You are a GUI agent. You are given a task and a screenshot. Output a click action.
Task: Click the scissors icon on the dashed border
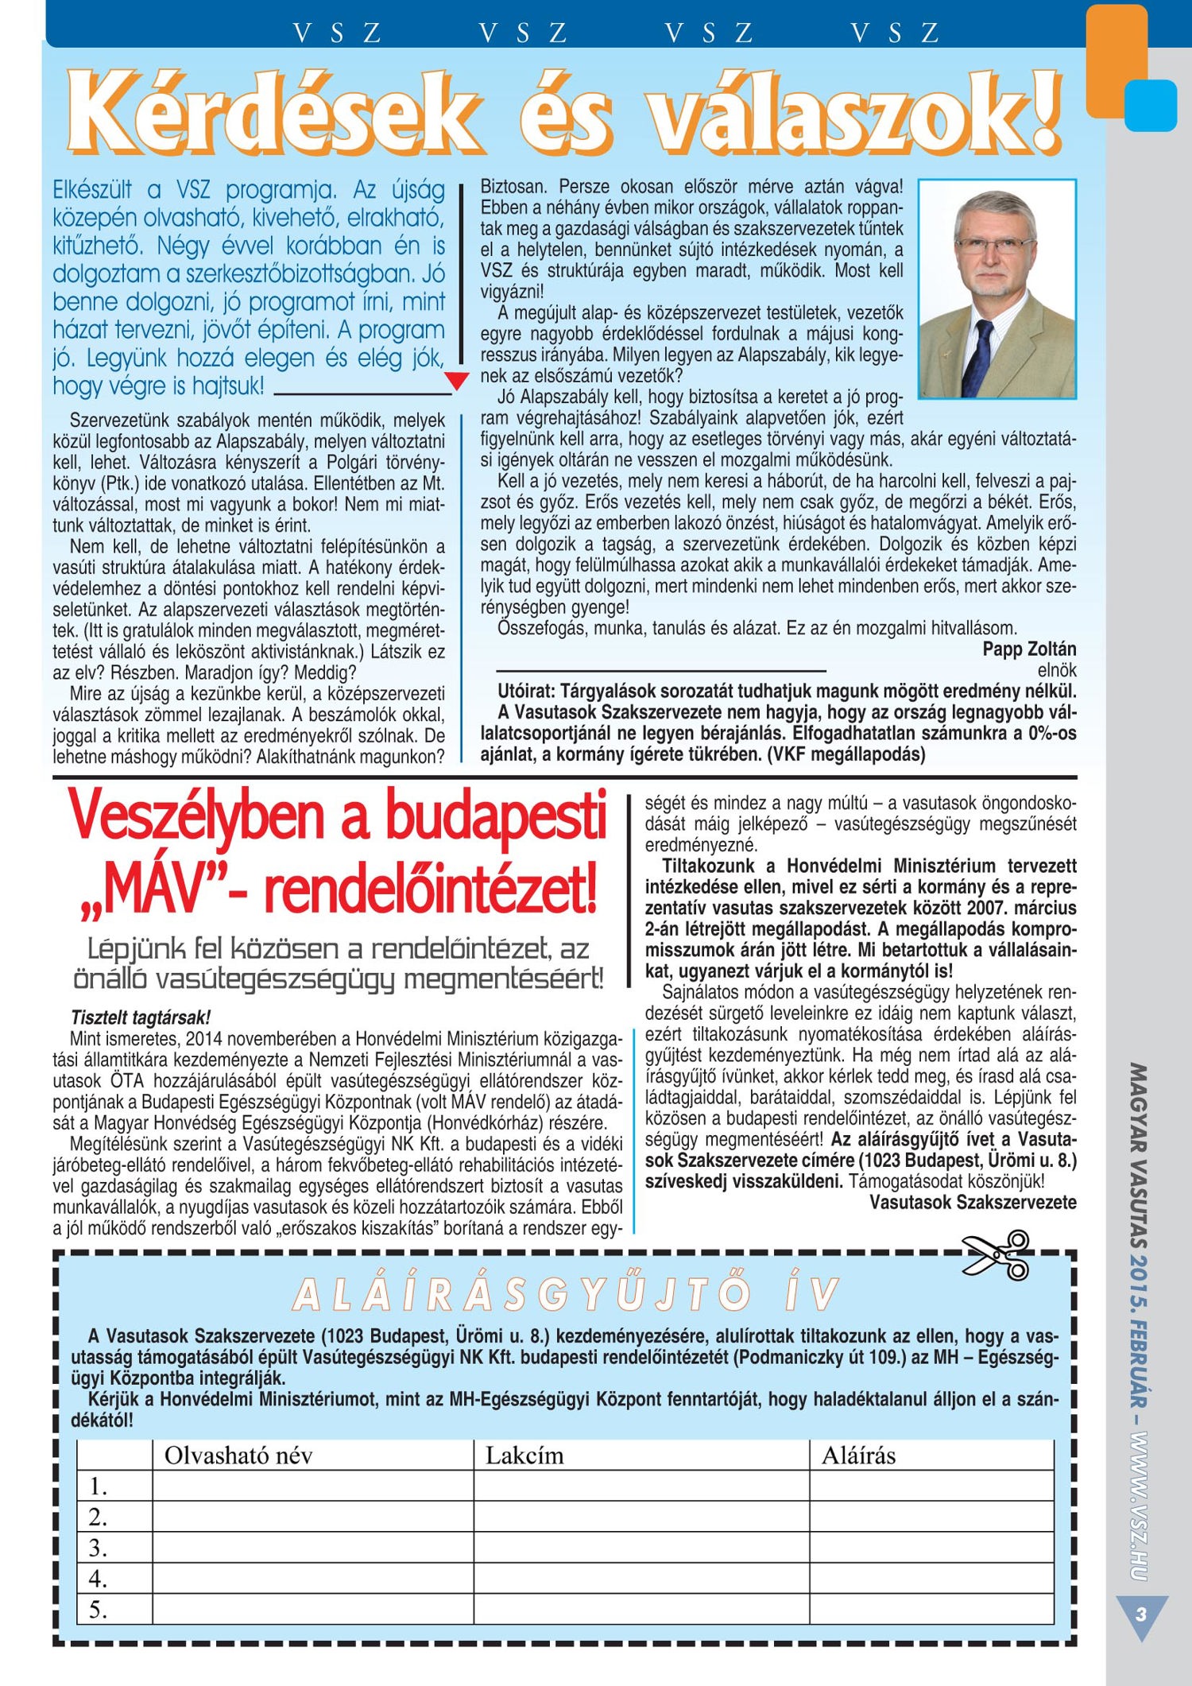click(x=997, y=1255)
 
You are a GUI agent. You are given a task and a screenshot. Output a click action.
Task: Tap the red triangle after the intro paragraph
click(x=456, y=381)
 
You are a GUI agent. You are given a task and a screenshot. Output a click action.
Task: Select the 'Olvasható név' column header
click(x=238, y=1455)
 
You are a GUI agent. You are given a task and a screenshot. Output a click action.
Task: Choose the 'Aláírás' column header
click(x=858, y=1455)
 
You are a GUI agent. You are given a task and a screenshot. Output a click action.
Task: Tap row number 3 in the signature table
click(x=98, y=1548)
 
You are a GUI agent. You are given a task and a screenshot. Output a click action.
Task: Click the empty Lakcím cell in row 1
click(x=641, y=1486)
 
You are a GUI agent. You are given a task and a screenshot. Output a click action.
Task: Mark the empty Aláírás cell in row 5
click(x=931, y=1610)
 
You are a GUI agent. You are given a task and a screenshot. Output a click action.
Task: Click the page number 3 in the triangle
click(x=1141, y=1614)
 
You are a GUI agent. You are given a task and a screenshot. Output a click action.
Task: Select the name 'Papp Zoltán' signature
click(x=1029, y=649)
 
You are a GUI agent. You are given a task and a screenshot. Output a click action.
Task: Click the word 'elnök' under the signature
click(x=1057, y=670)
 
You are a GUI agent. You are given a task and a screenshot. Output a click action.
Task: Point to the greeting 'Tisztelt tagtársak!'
click(x=141, y=1017)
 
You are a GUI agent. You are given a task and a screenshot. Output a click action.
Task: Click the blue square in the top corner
click(x=1150, y=105)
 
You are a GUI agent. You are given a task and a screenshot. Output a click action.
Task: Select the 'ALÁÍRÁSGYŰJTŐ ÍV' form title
click(x=565, y=1294)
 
